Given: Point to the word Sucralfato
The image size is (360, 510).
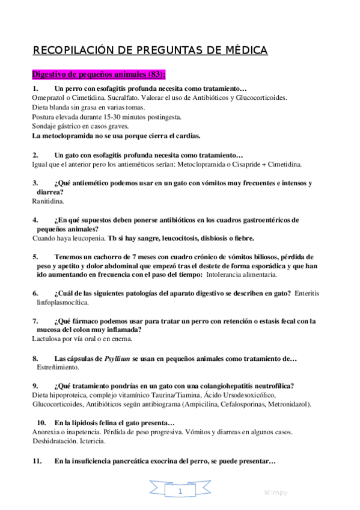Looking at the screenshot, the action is pos(123,97).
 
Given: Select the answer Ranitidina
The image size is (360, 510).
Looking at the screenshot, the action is pos(48,201).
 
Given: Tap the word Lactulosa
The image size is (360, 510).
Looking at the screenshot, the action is pos(48,339).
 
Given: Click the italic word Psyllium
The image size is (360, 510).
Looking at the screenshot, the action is pos(117,359).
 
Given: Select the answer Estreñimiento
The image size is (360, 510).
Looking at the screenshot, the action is pos(59,367).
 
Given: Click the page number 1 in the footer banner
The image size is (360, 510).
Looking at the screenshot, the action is pos(180,492).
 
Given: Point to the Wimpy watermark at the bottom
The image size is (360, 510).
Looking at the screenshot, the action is pos(275,493).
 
